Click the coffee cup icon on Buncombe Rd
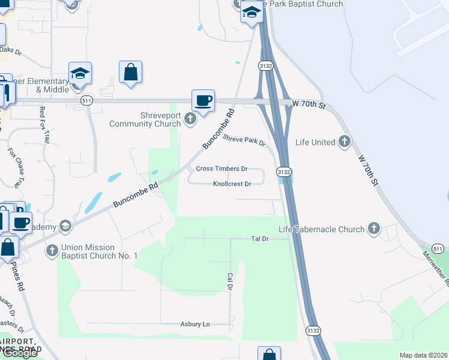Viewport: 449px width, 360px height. [203, 100]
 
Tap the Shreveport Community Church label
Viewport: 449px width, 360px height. [145, 120]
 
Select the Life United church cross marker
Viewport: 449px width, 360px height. [344, 142]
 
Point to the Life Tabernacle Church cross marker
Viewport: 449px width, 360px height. [374, 229]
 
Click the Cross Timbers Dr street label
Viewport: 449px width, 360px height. [221, 169]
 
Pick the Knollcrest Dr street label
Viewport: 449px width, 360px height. [232, 184]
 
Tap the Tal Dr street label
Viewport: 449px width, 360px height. [259, 239]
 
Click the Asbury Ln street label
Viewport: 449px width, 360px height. [195, 324]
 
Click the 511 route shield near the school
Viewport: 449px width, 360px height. [87, 100]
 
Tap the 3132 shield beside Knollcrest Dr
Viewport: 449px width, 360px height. [284, 172]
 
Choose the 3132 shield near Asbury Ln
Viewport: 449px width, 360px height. [313, 331]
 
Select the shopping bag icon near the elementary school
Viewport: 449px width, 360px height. [130, 72]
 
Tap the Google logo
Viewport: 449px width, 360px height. [19, 353]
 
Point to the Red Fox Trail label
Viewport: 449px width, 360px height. [44, 125]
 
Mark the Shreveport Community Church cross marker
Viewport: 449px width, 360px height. [190, 118]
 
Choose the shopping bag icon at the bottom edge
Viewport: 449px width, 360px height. [269, 355]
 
